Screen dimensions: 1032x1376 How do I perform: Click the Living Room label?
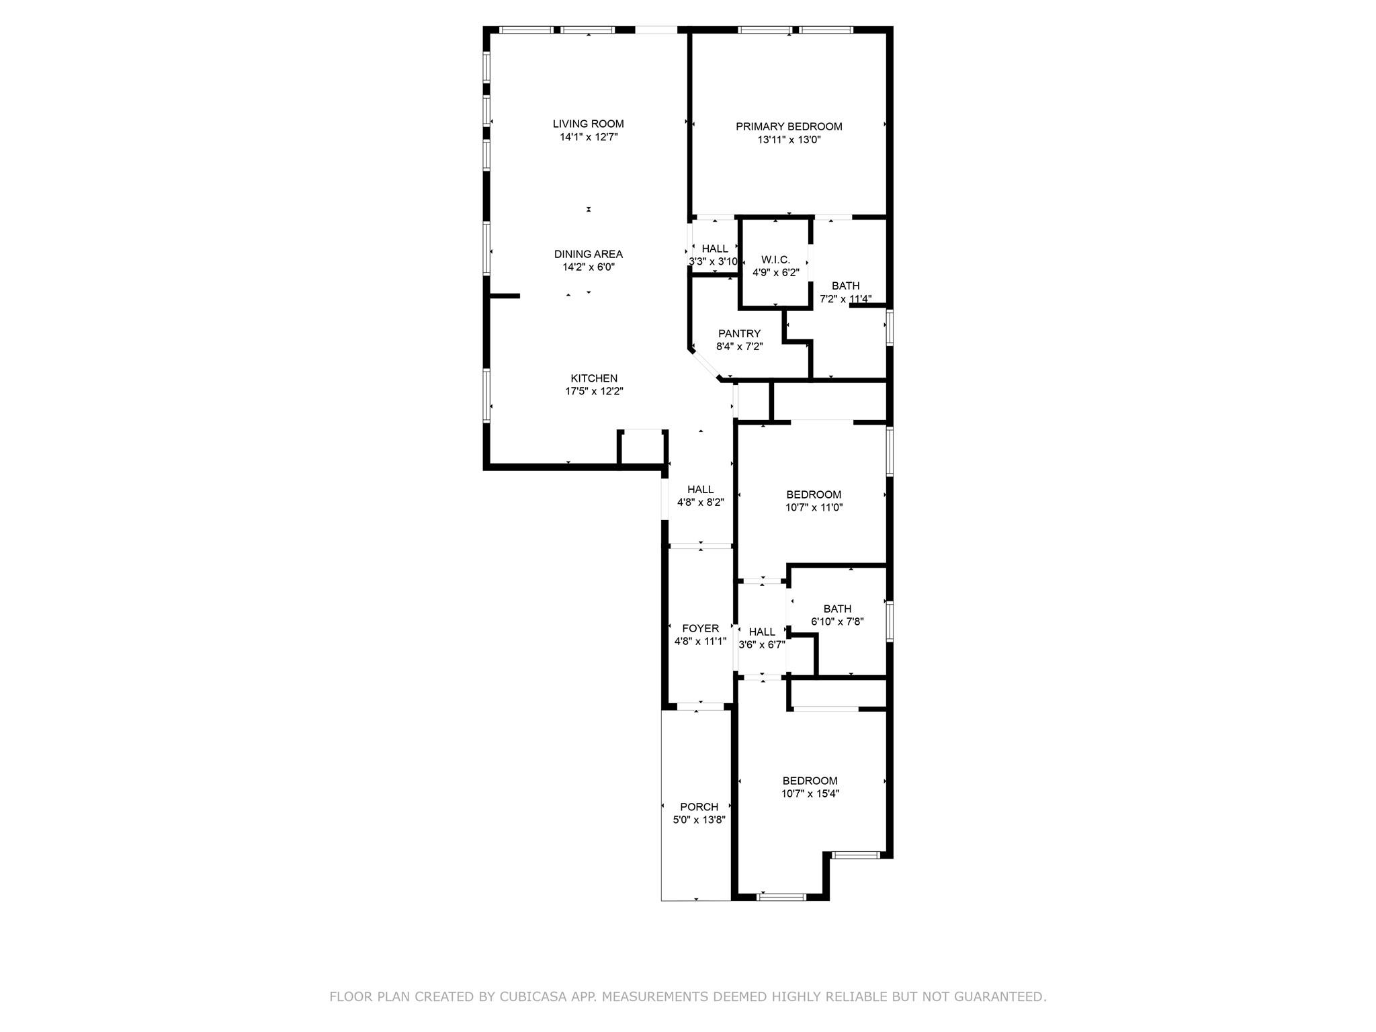pyautogui.click(x=588, y=124)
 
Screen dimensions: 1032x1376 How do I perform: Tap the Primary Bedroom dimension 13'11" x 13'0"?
pyautogui.click(x=789, y=140)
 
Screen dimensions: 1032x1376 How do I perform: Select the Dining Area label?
pyautogui.click(x=588, y=254)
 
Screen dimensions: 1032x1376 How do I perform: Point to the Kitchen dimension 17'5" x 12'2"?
pyautogui.click(x=594, y=391)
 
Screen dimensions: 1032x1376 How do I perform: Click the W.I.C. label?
pyautogui.click(x=775, y=259)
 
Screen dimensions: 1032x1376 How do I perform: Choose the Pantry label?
pyautogui.click(x=739, y=333)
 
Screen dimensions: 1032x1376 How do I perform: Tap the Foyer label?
pyautogui.click(x=700, y=628)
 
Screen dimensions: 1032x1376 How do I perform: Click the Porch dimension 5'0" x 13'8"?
pyautogui.click(x=699, y=820)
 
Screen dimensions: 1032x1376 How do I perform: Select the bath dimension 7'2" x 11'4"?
pyautogui.click(x=845, y=299)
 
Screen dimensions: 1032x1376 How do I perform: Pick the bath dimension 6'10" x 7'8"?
pyautogui.click(x=837, y=622)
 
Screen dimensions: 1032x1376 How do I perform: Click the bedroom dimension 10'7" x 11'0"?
pyautogui.click(x=814, y=507)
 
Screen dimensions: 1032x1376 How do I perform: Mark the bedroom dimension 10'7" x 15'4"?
pyautogui.click(x=810, y=793)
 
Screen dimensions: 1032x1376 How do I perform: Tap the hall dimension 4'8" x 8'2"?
pyautogui.click(x=700, y=502)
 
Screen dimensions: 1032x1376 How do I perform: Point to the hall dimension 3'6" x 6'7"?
pyautogui.click(x=762, y=645)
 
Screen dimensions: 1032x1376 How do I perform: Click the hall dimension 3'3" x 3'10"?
pyautogui.click(x=714, y=261)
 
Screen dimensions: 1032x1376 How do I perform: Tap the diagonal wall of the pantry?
pyautogui.click(x=704, y=364)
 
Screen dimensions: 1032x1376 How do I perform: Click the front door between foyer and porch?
pyautogui.click(x=700, y=706)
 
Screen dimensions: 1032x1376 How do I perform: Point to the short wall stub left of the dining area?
pyautogui.click(x=504, y=296)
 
